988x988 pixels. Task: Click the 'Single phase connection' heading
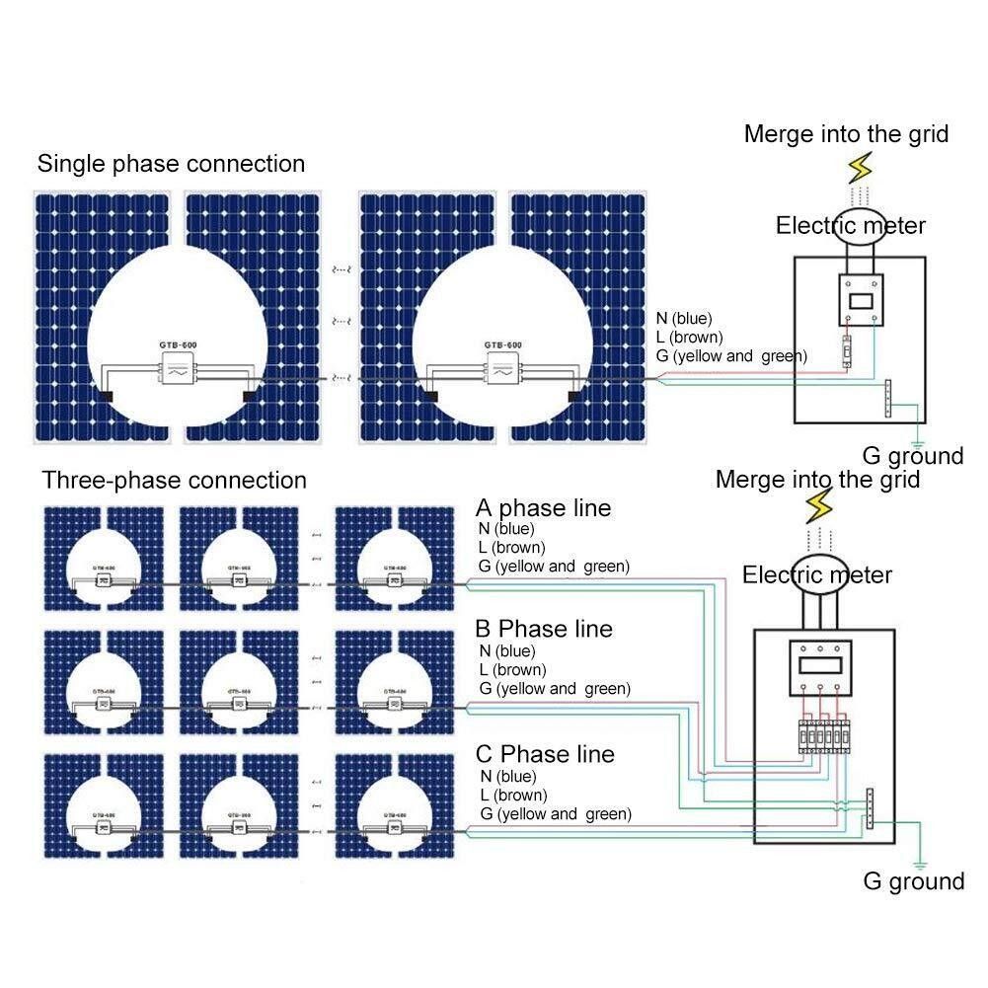171,163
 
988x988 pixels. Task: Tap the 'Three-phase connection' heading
174,481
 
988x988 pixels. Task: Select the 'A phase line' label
543,508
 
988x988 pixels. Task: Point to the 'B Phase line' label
544,629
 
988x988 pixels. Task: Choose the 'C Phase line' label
545,754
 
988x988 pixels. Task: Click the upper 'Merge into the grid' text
846,133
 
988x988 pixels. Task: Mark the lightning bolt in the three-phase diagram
819,507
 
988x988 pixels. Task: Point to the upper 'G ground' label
913,455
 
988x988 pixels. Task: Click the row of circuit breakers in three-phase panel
822,737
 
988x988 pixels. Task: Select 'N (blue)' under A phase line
507,529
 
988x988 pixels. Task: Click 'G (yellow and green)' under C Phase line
555,814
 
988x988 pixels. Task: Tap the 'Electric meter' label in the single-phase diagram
851,226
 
